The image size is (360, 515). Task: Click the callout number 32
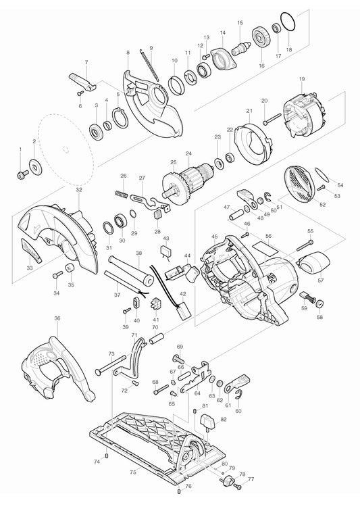coord(79,191)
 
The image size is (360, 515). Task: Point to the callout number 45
coord(214,237)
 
